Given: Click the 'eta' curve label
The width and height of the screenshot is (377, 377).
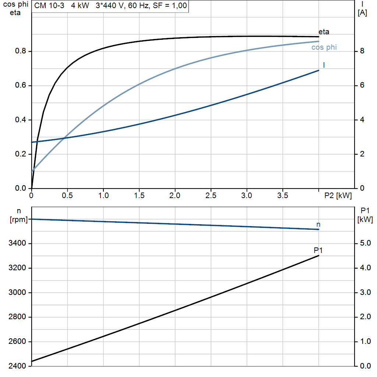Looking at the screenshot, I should click(324, 32).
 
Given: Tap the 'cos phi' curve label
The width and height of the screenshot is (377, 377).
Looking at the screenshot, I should click(324, 47).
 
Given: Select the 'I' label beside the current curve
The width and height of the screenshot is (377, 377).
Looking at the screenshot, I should click(324, 65).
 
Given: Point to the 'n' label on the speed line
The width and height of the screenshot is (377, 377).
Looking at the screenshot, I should click(318, 224).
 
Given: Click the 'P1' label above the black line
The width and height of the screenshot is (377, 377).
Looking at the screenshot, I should click(318, 250).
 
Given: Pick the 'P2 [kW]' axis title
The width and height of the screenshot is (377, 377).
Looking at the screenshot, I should click(338, 196).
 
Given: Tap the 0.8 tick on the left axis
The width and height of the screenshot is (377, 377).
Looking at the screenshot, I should click(20, 51).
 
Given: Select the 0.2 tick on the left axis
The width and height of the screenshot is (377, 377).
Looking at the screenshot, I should click(20, 154).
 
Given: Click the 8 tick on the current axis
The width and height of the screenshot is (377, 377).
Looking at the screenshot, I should click(362, 51).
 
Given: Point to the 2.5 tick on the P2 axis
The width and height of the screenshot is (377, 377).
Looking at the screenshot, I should click(211, 196).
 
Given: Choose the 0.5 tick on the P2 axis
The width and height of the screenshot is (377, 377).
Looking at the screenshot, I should click(67, 196).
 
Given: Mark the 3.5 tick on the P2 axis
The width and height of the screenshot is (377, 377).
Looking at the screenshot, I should click(282, 196).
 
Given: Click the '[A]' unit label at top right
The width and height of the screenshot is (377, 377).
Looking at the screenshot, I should click(362, 13).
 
